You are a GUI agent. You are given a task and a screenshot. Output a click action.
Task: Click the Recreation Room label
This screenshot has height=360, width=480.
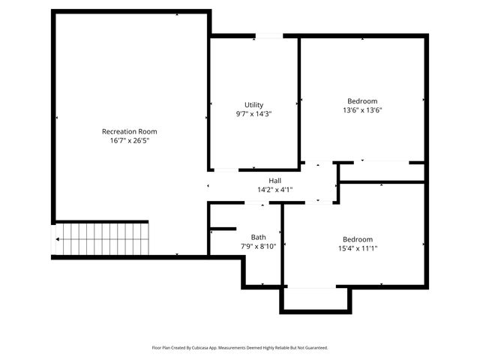point(130,131)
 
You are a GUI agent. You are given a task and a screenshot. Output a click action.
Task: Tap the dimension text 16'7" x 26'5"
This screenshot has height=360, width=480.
point(130,140)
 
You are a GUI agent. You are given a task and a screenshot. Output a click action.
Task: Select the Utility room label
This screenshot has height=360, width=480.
point(253,105)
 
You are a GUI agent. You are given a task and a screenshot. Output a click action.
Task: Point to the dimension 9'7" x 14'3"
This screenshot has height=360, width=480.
point(253,114)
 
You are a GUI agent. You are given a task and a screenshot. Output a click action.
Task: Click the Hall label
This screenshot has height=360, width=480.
point(275,181)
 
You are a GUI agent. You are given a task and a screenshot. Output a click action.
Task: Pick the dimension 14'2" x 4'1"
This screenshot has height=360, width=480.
point(275,190)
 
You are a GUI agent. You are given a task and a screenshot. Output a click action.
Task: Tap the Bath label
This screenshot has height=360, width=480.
point(258,237)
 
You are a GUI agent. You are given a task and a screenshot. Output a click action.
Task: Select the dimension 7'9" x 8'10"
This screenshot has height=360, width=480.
point(258,246)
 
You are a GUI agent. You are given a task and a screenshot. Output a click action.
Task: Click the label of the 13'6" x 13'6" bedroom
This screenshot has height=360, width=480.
point(362,101)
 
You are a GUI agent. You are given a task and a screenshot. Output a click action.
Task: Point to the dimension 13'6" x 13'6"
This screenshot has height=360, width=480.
point(362,110)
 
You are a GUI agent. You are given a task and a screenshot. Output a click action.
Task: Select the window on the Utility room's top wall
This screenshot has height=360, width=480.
point(268,35)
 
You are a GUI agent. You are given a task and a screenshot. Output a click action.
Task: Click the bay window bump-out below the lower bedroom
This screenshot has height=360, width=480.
point(315,298)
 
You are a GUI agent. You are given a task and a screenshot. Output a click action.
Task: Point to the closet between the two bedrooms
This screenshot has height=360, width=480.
point(381,172)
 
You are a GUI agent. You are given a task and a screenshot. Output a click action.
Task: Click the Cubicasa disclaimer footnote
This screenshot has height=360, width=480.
point(240,348)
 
